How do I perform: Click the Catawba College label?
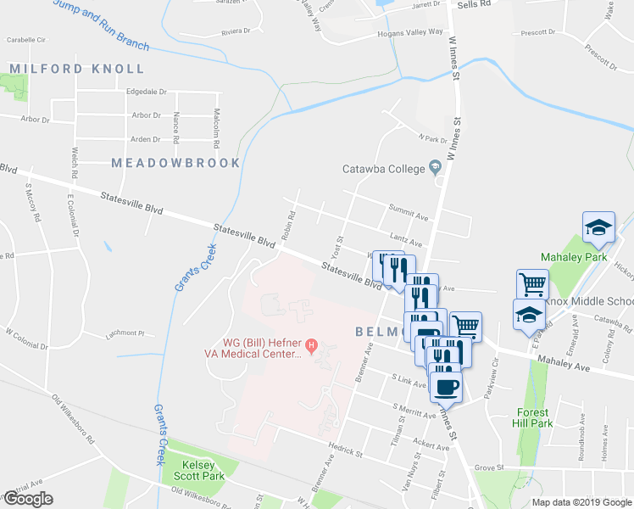382,168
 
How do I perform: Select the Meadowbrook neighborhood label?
175,162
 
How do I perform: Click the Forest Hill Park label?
534,417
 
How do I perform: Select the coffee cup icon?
446,387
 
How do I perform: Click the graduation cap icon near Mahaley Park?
598,227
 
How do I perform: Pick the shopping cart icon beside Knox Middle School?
531,283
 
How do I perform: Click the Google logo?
28,499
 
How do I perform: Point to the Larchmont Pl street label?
127,333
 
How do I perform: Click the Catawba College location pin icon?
436,166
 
